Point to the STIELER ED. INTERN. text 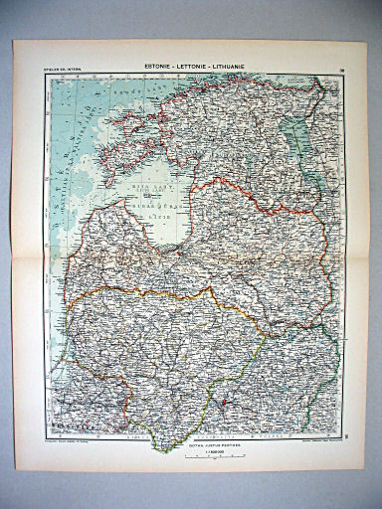(x=63, y=71)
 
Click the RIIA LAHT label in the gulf (x=155, y=196)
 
